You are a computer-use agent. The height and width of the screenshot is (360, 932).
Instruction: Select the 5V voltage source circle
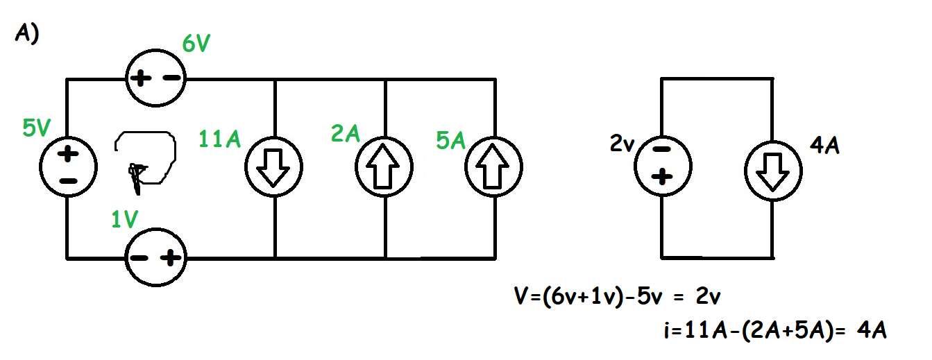[x=67, y=167]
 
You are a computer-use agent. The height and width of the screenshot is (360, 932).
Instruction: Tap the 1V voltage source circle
[x=155, y=258]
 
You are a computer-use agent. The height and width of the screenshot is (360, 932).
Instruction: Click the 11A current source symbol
[x=275, y=169]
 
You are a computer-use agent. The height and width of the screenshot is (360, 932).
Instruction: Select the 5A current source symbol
[x=493, y=168]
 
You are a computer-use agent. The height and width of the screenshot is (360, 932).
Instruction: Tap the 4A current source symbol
[x=772, y=169]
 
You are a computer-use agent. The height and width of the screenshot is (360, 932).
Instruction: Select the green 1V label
[x=126, y=220]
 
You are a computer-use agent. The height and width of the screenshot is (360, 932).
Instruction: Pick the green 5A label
[x=450, y=139]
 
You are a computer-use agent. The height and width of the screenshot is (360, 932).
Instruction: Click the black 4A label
[x=824, y=147]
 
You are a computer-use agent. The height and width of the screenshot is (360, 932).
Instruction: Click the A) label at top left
[x=26, y=35]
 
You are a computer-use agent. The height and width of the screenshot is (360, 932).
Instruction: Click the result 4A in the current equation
[x=872, y=330]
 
